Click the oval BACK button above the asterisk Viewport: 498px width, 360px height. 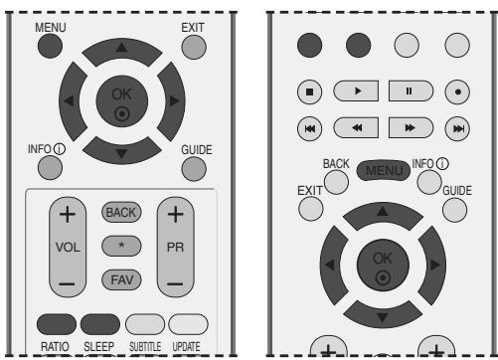pyautogui.click(x=122, y=214)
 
